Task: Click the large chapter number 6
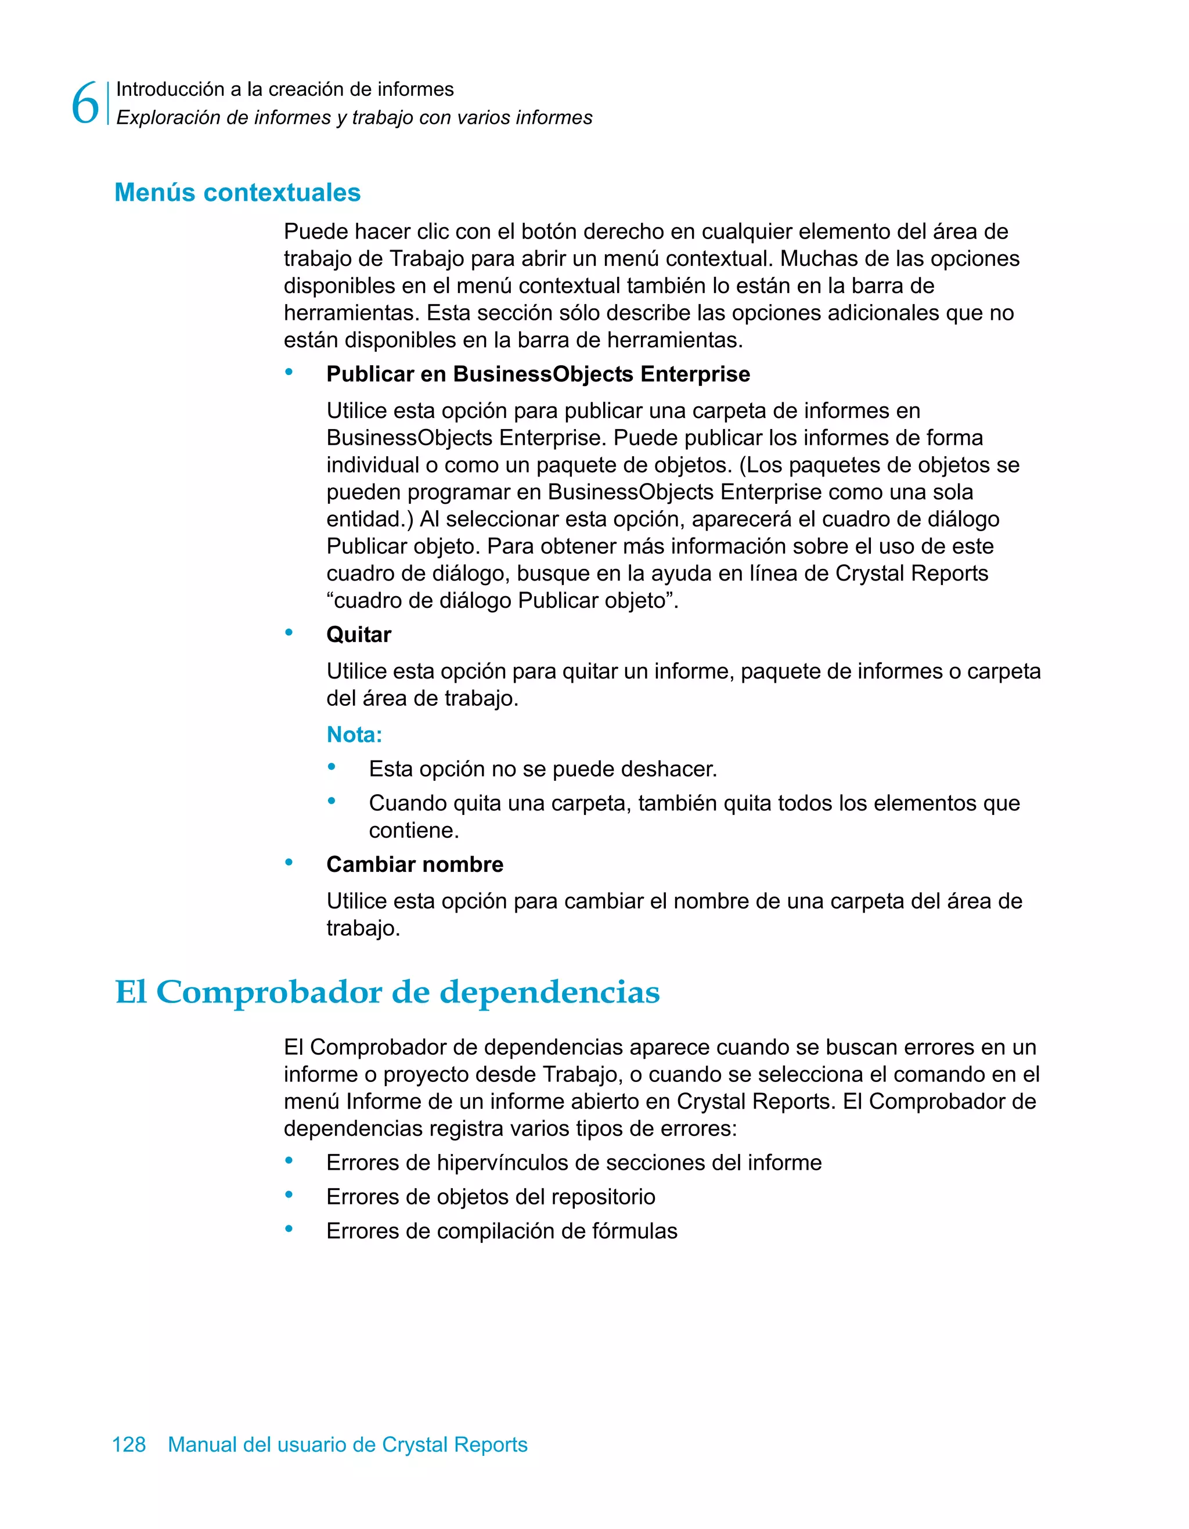(x=85, y=103)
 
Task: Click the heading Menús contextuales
(x=237, y=193)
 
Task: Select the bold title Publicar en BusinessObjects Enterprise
(x=538, y=374)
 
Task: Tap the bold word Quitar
(x=359, y=634)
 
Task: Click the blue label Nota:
(x=354, y=734)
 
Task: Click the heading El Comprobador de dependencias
(x=387, y=992)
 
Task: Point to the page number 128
(x=129, y=1444)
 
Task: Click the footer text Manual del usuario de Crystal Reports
(x=347, y=1444)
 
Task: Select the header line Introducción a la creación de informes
(x=284, y=89)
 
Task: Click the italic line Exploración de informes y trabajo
(x=354, y=118)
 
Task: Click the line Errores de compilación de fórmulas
(x=502, y=1231)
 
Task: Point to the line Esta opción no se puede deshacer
(x=543, y=769)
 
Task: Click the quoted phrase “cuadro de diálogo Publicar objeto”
(x=502, y=601)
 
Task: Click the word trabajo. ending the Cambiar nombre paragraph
(x=363, y=928)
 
